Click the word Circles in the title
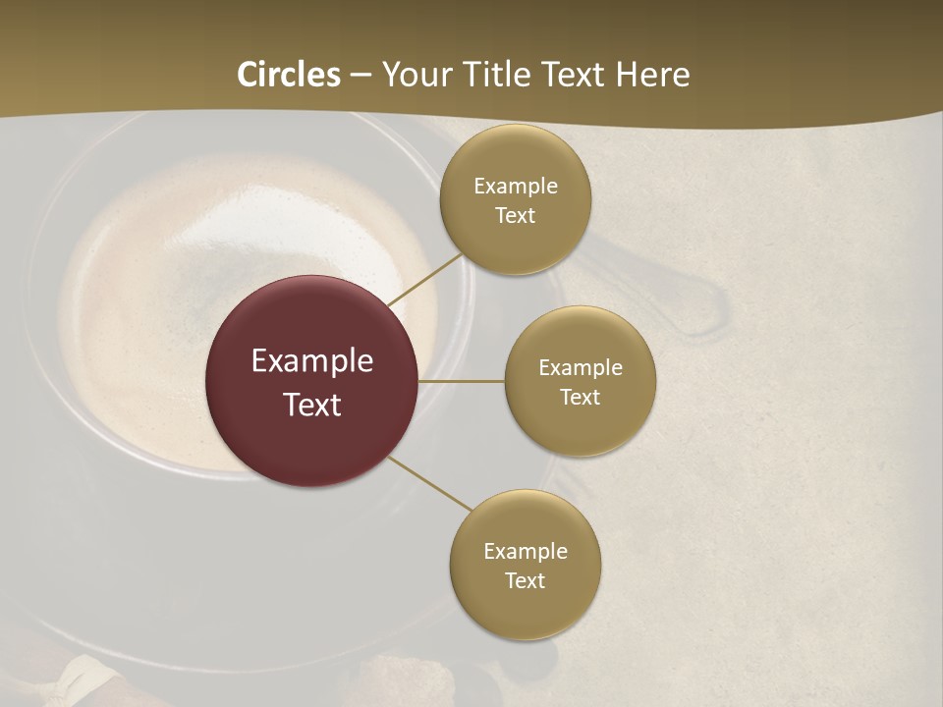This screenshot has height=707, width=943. [x=289, y=75]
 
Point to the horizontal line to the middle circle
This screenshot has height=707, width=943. [x=462, y=381]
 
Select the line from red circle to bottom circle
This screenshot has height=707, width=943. [x=429, y=483]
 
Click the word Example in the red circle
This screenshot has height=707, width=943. [x=312, y=361]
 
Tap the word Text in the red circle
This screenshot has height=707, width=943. [x=312, y=405]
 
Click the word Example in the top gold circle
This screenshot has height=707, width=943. [x=516, y=187]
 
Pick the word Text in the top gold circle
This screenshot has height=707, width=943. [x=516, y=216]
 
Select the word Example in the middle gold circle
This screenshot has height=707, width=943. [x=581, y=368]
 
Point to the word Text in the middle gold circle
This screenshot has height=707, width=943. [x=581, y=398]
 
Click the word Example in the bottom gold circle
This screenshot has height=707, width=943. [x=526, y=552]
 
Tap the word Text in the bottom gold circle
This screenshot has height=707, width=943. [x=526, y=581]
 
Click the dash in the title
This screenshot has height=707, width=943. [x=361, y=76]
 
